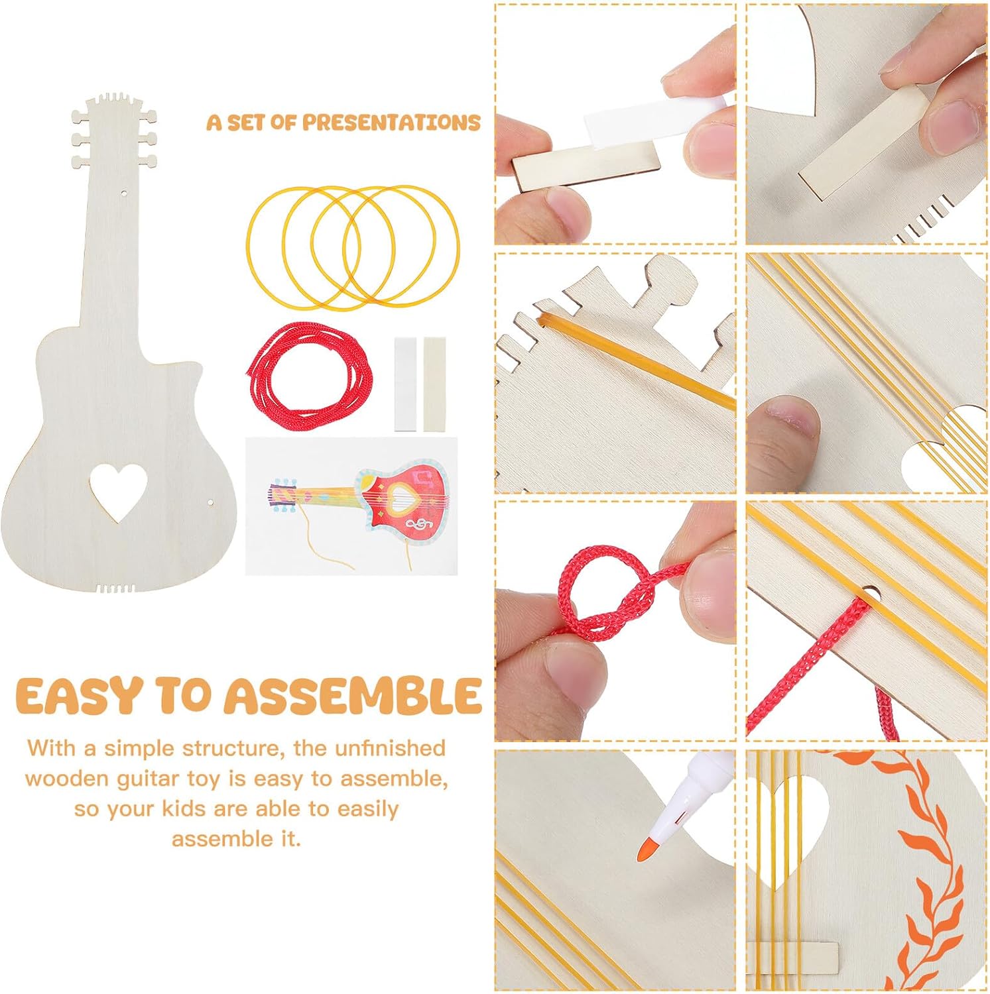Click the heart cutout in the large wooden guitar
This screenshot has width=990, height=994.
pyautogui.click(x=118, y=490)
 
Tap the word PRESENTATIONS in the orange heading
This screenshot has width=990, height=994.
pyautogui.click(x=391, y=123)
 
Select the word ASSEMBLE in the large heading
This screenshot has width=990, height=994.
pyautogui.click(x=352, y=696)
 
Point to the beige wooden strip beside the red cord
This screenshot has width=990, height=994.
pyautogui.click(x=434, y=384)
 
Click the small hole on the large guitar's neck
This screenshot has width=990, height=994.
pyautogui.click(x=124, y=193)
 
